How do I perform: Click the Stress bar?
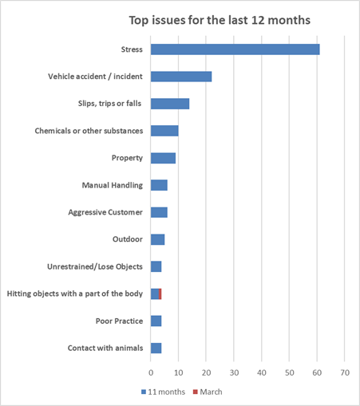[235, 49]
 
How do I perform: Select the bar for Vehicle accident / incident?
[181, 77]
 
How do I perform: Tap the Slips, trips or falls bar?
[170, 104]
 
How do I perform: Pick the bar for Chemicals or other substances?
[164, 131]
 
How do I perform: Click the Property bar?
[163, 158]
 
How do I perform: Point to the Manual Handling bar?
[159, 185]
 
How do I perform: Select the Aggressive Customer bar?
[159, 212]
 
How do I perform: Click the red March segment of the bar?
[160, 294]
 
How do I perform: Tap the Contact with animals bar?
[156, 349]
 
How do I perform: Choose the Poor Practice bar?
[156, 321]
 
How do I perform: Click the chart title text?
[220, 20]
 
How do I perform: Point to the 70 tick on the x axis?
[345, 372]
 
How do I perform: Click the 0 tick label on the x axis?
[151, 372]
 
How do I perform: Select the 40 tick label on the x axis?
[262, 372]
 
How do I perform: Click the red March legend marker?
[196, 392]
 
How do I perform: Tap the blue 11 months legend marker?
[144, 392]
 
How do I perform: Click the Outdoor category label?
[128, 239]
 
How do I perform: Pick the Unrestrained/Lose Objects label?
[95, 266]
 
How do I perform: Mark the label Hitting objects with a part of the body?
[75, 294]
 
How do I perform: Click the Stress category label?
[132, 49]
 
